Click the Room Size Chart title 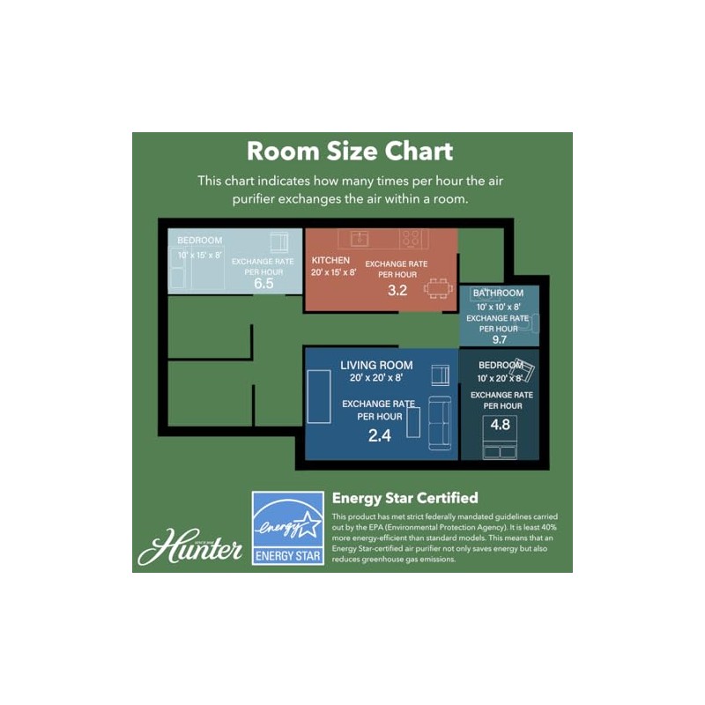coord(350,151)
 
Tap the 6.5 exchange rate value coord(263,283)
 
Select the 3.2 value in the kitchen coord(397,291)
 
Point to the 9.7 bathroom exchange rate coord(499,339)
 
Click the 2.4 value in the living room coord(380,435)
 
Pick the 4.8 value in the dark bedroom coord(500,425)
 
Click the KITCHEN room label coord(330,260)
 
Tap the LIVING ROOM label coord(376,365)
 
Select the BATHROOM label coord(498,293)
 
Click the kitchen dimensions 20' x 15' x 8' coord(334,272)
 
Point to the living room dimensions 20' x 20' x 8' coord(376,378)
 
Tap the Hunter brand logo coord(190,546)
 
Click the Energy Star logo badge coord(288,528)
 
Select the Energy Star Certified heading coord(404,498)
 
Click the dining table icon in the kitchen coord(438,289)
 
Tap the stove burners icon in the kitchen coord(412,238)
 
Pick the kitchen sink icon coord(360,238)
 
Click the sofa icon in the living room coord(440,423)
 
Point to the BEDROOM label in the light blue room coord(200,241)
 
